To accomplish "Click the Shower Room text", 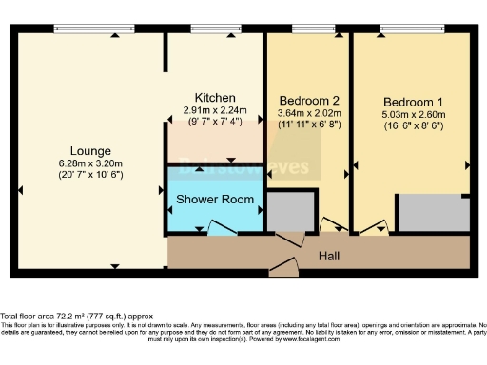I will coord(215,200).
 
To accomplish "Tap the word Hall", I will coord(329,257).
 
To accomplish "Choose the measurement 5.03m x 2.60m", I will coord(414,114).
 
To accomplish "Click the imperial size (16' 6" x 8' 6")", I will coord(414,125).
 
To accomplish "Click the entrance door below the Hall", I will coord(285,269).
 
